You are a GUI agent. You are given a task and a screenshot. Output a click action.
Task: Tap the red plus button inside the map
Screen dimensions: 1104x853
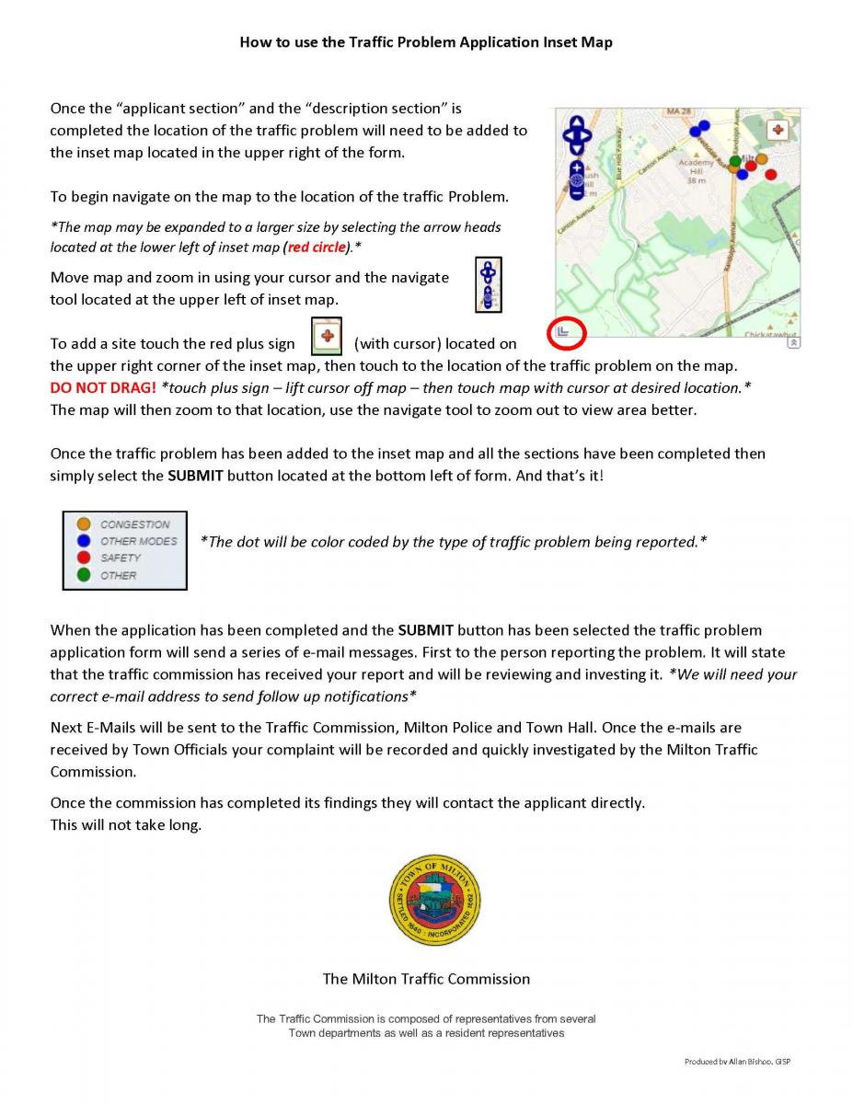point(778,129)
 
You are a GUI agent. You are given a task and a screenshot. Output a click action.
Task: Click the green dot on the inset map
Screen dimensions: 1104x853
point(734,163)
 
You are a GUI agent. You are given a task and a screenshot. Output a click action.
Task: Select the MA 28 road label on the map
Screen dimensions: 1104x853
point(678,112)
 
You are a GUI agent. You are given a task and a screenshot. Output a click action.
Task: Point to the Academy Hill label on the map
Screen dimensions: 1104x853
point(697,171)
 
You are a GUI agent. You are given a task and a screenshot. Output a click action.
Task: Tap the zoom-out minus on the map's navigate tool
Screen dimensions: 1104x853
point(577,193)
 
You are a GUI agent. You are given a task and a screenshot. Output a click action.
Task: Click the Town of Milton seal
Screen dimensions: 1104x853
point(435,901)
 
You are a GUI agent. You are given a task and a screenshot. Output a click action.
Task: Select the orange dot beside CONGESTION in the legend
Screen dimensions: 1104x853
point(84,524)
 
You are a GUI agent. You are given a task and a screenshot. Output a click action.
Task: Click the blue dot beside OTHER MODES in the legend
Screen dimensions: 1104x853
point(84,541)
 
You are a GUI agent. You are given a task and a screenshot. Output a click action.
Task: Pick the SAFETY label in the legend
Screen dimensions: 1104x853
point(121,558)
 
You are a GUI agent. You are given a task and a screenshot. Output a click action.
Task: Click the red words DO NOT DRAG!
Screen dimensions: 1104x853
point(103,388)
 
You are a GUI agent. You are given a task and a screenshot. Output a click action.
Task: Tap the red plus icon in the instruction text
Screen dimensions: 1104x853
point(327,337)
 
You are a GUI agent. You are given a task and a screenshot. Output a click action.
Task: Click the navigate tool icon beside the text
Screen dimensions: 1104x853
point(488,285)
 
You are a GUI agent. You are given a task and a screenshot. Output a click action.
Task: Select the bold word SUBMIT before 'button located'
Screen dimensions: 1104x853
point(195,476)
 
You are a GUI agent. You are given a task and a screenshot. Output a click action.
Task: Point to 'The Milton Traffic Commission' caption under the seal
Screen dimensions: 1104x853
point(426,979)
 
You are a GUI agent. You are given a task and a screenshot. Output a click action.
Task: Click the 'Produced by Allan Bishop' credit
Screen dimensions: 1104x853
point(737,1062)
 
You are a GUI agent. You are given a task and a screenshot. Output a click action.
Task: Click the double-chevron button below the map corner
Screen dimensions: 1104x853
point(794,343)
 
